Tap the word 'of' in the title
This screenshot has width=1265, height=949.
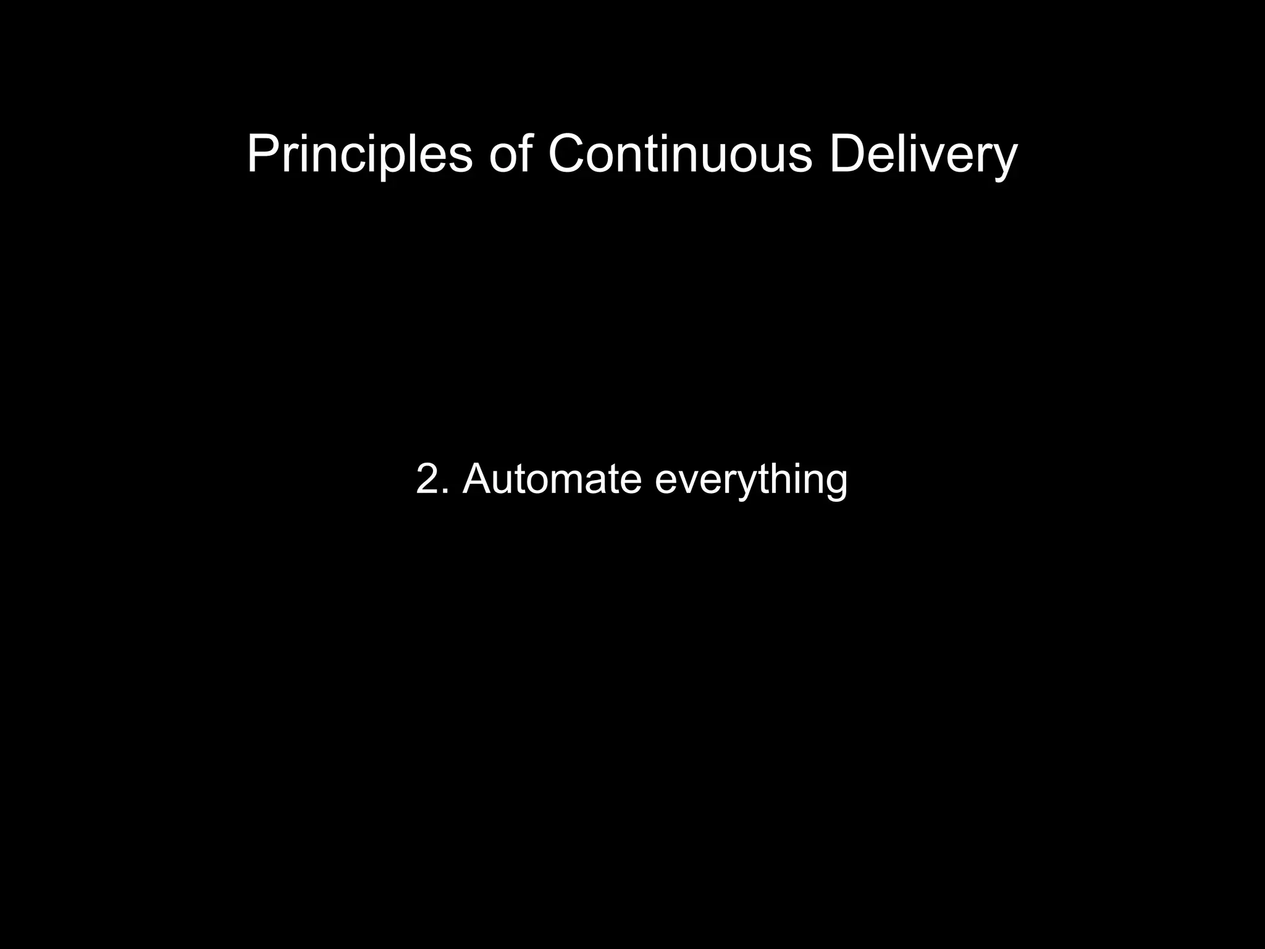click(510, 154)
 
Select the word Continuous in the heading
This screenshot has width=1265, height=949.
click(680, 154)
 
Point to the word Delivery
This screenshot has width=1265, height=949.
click(923, 154)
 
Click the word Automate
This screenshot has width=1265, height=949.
click(552, 479)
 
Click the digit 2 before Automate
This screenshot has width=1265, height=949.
click(427, 479)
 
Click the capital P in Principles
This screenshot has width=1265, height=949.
click(262, 154)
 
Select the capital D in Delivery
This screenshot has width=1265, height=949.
click(850, 154)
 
